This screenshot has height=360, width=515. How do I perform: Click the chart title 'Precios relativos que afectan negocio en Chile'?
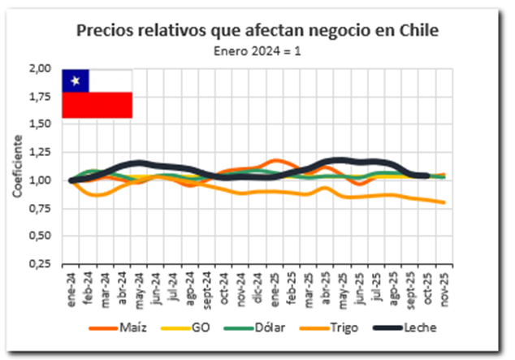(x=257, y=31)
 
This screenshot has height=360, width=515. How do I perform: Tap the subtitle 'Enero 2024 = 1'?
(x=257, y=50)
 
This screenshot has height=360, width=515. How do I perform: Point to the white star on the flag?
(x=76, y=80)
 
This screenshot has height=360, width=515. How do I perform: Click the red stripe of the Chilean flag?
(x=97, y=105)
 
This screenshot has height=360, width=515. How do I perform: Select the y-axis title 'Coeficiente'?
(x=17, y=167)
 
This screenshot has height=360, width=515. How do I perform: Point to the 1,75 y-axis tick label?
(x=41, y=97)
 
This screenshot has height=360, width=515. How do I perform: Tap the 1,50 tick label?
(x=41, y=124)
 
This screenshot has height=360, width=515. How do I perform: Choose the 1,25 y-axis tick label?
(x=41, y=152)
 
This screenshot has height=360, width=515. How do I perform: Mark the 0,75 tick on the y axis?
(x=41, y=208)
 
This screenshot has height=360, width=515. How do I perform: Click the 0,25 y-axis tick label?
(x=41, y=264)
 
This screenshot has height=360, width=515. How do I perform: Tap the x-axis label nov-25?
(x=444, y=285)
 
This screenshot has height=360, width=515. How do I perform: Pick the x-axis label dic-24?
(x=258, y=285)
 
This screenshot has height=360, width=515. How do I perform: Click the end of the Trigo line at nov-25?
(x=444, y=202)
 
